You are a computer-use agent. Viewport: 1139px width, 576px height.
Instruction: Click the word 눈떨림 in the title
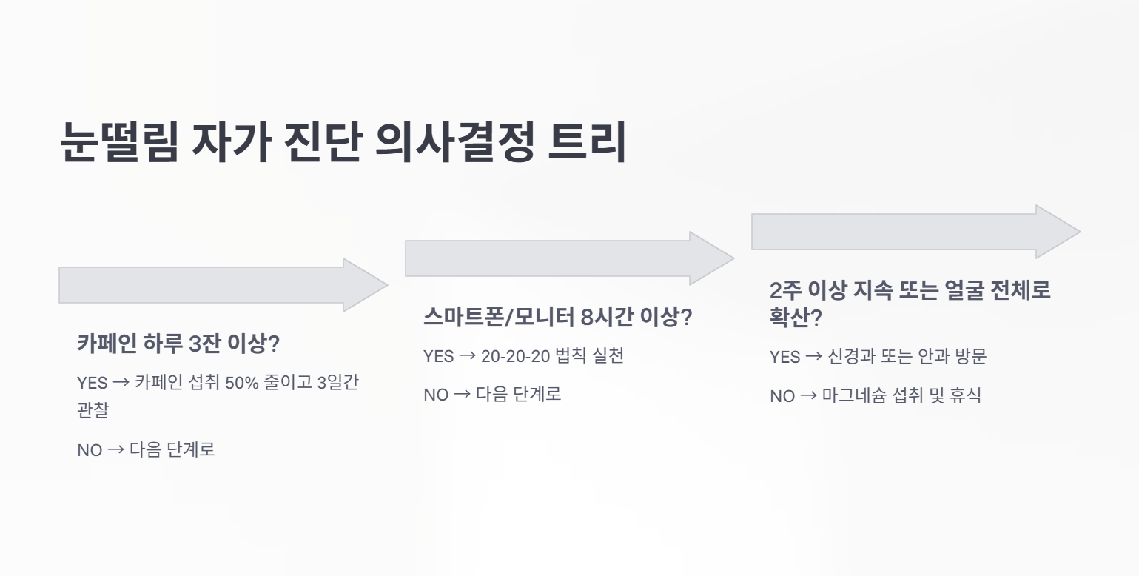point(119,142)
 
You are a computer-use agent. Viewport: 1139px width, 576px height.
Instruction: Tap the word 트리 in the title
point(587,142)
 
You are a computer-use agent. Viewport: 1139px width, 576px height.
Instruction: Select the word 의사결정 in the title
point(454,142)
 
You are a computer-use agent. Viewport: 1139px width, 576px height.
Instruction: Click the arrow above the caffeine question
point(224,285)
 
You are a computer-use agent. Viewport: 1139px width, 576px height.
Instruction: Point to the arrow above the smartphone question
point(570,258)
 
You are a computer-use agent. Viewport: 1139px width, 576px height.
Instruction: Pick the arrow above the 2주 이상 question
point(915,232)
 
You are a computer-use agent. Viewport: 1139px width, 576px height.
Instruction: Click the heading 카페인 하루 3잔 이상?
point(178,344)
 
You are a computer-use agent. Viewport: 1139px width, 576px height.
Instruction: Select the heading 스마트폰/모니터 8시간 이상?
point(558,317)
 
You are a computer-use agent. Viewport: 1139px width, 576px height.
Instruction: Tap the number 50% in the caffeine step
point(242,383)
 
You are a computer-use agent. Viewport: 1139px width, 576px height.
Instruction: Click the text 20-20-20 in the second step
point(516,356)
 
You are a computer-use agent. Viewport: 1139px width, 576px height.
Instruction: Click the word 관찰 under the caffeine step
point(93,409)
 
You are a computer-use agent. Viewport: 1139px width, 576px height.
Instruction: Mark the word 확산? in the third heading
point(796,318)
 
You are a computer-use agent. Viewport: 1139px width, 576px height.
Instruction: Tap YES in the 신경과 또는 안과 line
point(785,357)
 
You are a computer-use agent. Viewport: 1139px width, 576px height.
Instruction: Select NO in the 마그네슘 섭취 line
point(782,396)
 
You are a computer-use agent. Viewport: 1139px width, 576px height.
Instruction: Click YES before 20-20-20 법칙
point(438,356)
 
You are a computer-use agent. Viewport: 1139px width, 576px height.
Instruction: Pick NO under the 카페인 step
point(90,450)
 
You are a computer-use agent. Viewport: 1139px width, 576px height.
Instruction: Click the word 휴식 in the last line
point(965,395)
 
